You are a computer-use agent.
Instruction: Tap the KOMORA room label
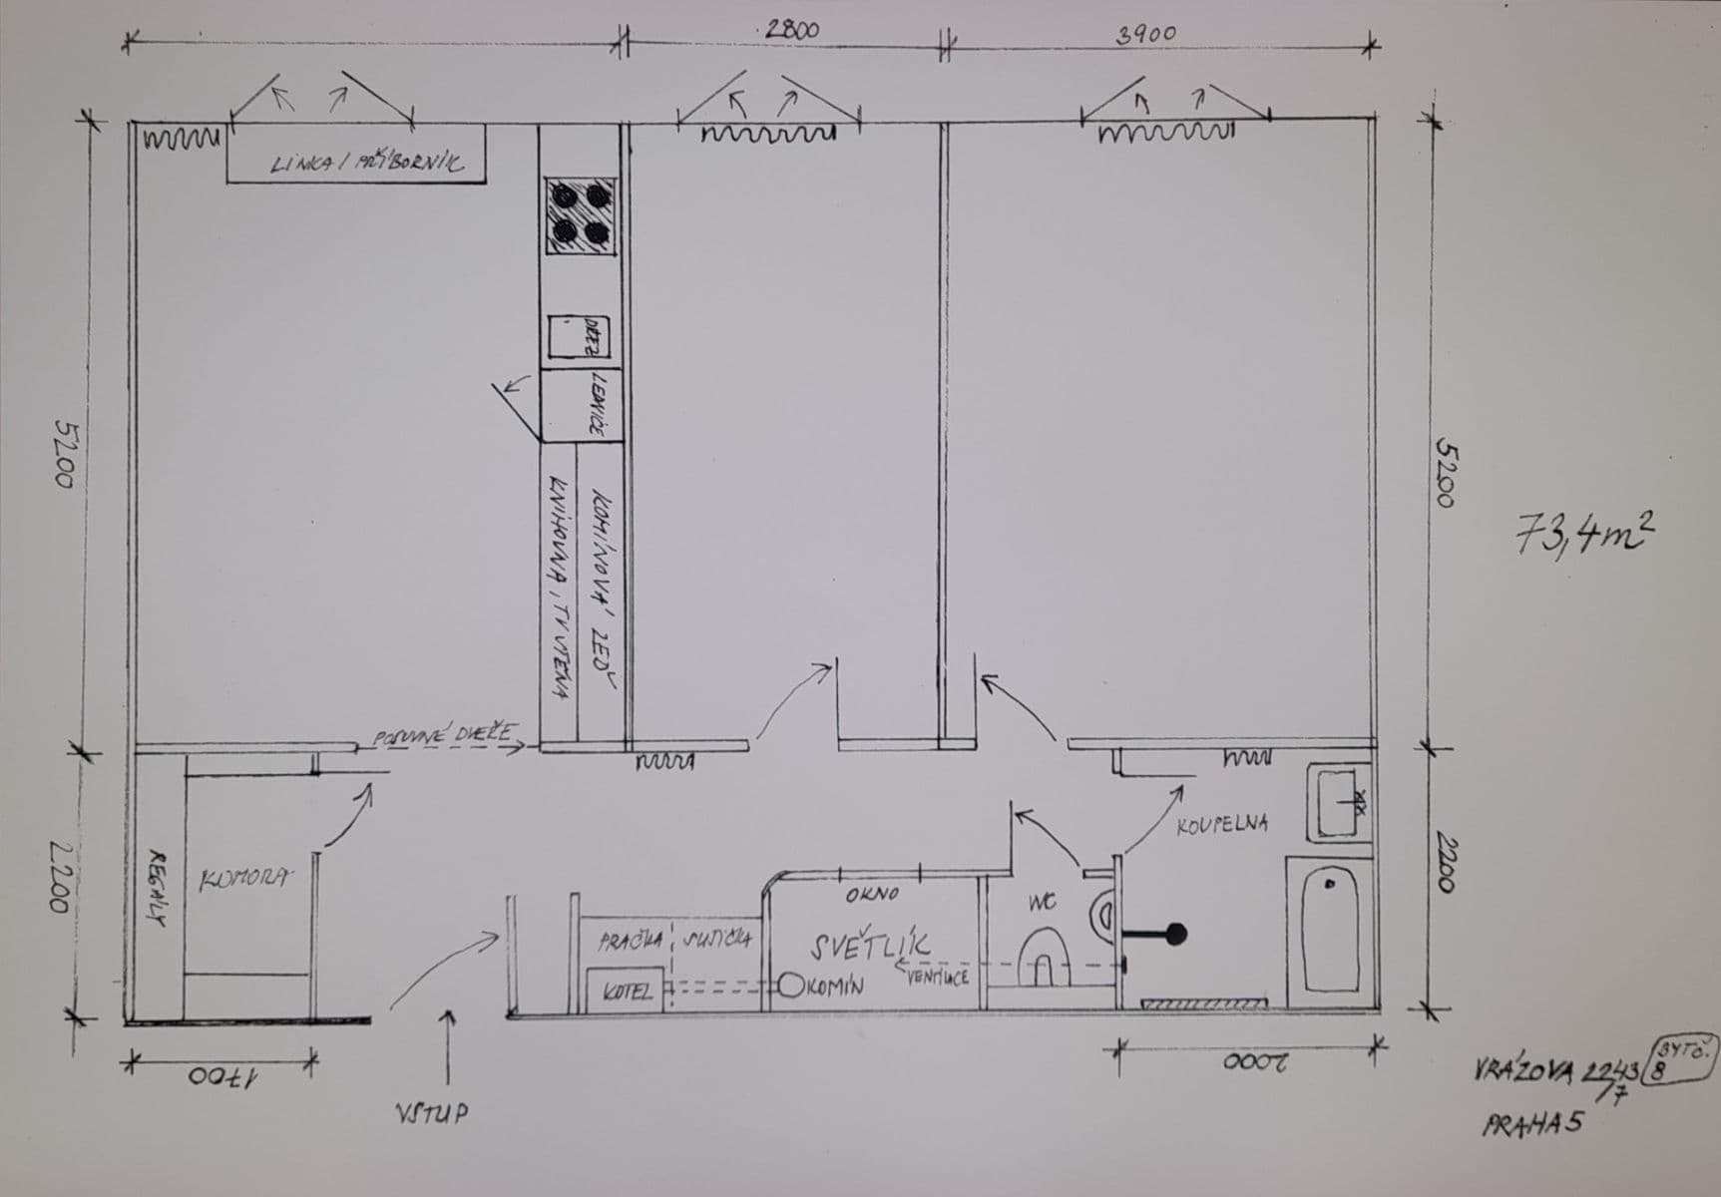tap(245, 880)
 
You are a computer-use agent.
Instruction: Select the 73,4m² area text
tap(1585, 537)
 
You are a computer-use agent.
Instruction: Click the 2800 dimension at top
tap(791, 30)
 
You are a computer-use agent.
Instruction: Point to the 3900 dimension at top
tap(1145, 34)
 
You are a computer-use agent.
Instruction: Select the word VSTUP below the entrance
tap(430, 1114)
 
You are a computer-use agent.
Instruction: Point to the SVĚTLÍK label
tap(871, 945)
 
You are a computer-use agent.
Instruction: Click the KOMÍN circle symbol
tap(791, 986)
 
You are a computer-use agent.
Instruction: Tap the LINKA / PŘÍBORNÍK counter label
tap(366, 164)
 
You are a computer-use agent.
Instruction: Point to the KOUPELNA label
tap(1222, 825)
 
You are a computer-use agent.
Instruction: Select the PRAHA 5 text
tap(1532, 1124)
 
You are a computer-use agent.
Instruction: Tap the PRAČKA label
tap(632, 941)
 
